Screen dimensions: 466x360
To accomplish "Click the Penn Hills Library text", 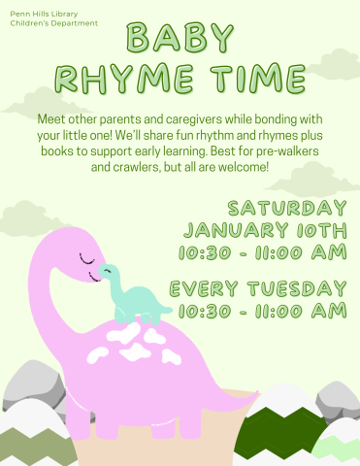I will pyautogui.click(x=46, y=14).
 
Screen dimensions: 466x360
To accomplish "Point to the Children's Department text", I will pyautogui.click(x=54, y=22).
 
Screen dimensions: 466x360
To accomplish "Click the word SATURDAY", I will pyautogui.click(x=287, y=209).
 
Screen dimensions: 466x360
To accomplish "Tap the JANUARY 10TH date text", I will pyautogui.click(x=265, y=231).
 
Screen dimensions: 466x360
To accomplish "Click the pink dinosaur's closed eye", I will pyautogui.click(x=87, y=259).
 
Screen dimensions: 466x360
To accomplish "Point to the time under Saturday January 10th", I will pyautogui.click(x=262, y=253).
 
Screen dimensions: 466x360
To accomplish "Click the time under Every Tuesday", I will pyautogui.click(x=262, y=311).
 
